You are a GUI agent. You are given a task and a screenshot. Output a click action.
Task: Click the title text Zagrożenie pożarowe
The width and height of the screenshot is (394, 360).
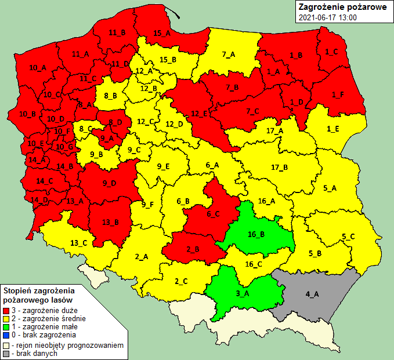(339, 8)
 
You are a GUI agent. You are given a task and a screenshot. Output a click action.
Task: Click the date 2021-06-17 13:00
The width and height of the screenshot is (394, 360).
(327, 18)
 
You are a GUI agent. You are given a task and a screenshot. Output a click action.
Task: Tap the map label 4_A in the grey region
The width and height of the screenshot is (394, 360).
(312, 294)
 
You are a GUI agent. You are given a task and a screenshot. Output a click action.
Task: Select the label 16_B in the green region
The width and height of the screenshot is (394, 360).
(256, 235)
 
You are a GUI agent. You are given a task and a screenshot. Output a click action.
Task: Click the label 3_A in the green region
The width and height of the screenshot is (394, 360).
(243, 293)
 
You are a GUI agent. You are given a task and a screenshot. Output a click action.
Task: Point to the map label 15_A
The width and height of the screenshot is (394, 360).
(162, 33)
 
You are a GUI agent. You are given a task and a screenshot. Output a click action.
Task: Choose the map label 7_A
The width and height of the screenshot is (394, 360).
(229, 54)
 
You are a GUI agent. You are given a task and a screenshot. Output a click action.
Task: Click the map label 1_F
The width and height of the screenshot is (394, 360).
(338, 94)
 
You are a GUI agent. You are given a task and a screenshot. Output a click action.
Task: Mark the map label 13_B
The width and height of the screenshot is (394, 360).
(110, 222)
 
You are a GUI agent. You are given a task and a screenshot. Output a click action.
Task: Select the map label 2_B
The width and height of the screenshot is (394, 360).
(193, 250)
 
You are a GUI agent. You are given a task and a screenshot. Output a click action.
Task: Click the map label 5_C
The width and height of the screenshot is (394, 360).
(349, 236)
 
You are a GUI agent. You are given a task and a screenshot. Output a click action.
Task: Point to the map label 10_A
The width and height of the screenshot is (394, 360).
(37, 68)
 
